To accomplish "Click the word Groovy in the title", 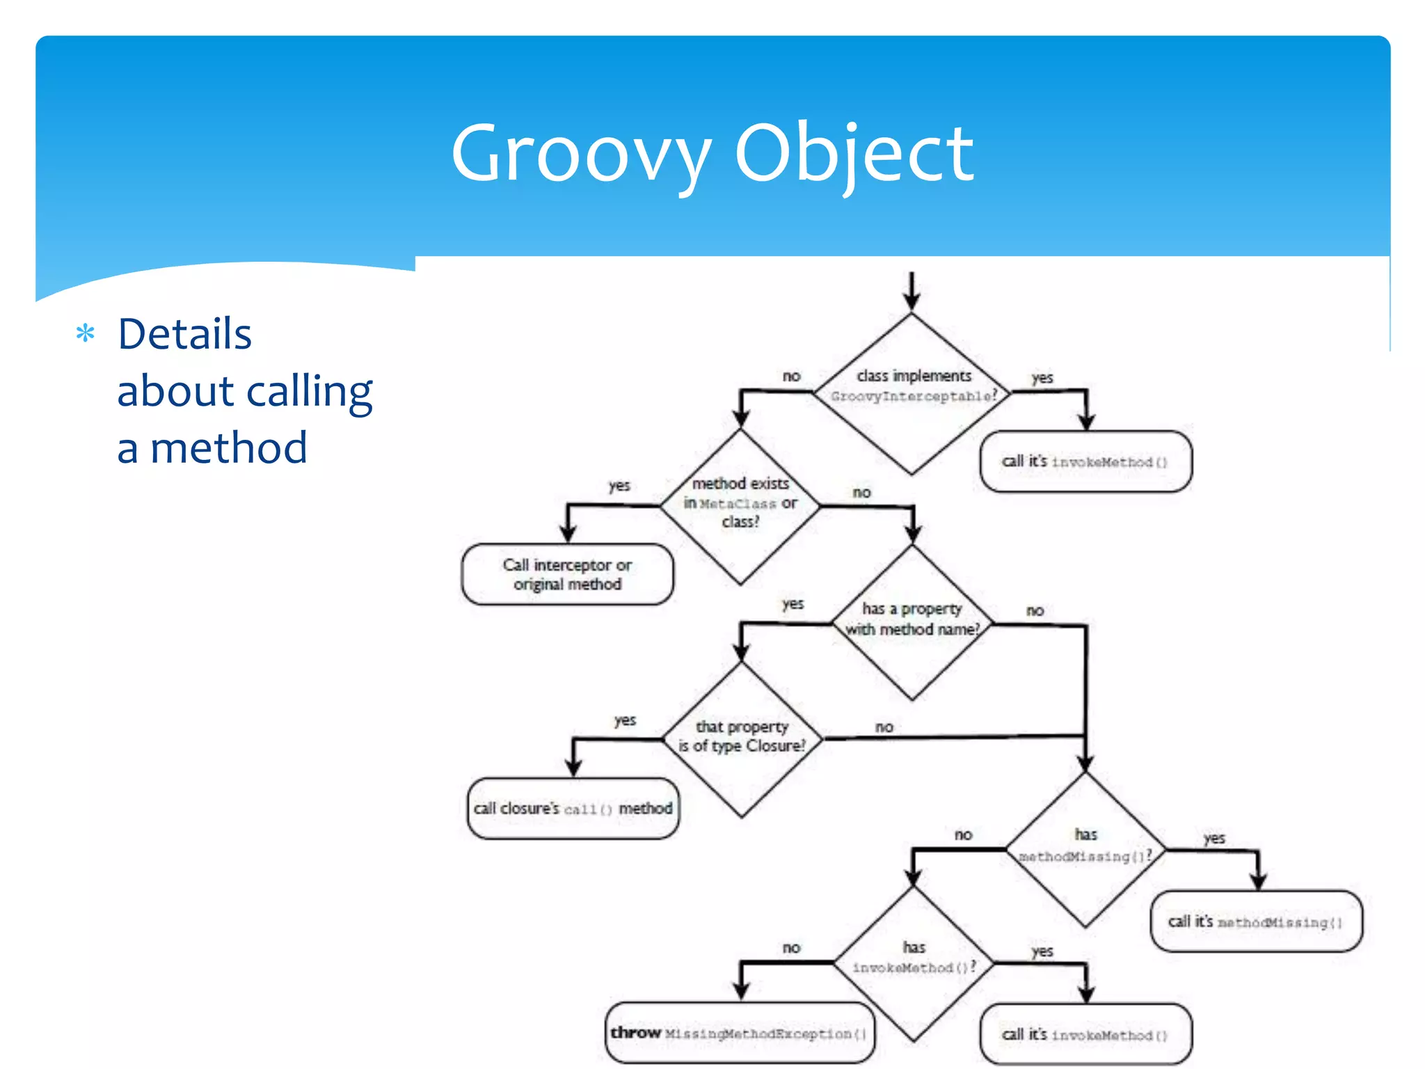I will (x=581, y=153).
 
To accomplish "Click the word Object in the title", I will (x=854, y=153).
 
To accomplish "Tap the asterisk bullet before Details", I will (x=86, y=334).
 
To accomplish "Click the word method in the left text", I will (x=228, y=448).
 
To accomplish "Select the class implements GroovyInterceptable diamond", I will (x=911, y=394).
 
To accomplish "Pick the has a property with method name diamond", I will (x=911, y=621).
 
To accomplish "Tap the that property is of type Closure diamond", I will (x=742, y=738).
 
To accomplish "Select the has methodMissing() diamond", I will (x=1085, y=849).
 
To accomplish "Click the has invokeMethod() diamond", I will (x=914, y=963).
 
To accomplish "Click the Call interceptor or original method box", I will (x=567, y=574).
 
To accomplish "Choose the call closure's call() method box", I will (x=573, y=808).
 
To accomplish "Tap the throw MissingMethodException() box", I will (x=740, y=1033).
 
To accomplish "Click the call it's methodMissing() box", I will (x=1256, y=921).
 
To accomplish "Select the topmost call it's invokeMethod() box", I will (x=1085, y=461).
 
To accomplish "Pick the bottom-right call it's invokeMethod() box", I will (x=1085, y=1034).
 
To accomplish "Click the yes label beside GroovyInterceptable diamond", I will (x=1042, y=378).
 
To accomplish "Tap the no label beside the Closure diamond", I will (x=884, y=727).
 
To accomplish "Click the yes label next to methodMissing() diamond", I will (x=1213, y=838).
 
